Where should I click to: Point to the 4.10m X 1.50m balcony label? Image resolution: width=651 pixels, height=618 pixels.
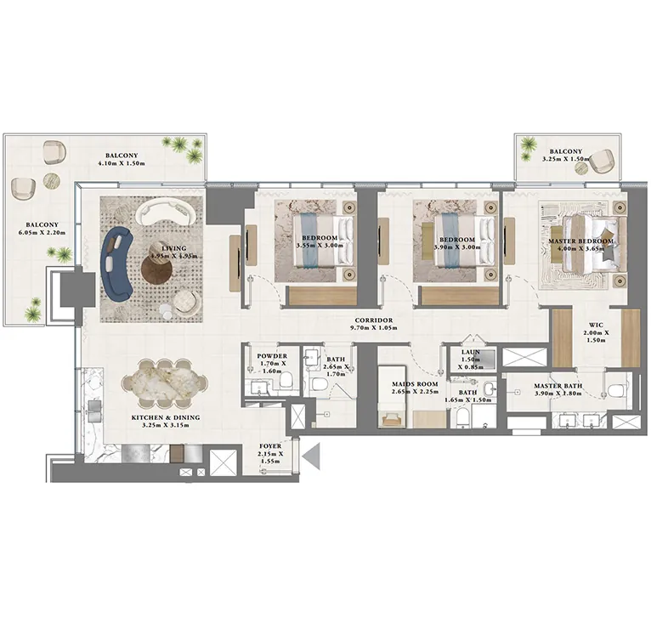122,161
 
